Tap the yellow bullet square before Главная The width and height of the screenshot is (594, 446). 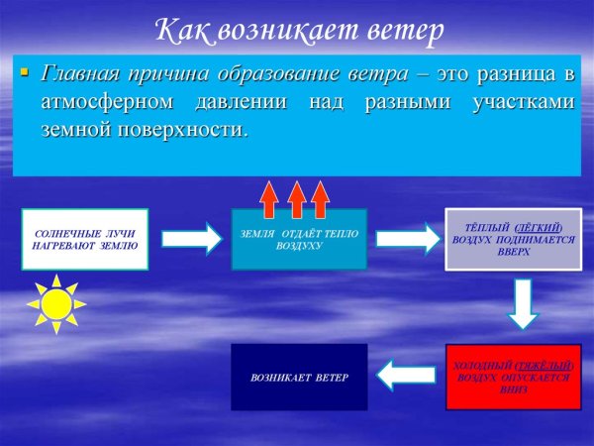coord(26,72)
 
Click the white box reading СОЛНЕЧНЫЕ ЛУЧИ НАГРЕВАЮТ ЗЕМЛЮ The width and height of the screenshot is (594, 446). coord(84,239)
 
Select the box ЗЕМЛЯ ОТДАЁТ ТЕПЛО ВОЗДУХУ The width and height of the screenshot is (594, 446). coord(299,239)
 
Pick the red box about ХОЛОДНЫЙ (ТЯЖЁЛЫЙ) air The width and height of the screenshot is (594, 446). coord(511,377)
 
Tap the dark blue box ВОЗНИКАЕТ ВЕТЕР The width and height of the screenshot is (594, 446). coord(299,378)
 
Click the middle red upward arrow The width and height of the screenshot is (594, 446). coord(295,198)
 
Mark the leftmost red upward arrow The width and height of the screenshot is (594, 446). coord(269,198)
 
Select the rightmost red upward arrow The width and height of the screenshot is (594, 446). coord(320,198)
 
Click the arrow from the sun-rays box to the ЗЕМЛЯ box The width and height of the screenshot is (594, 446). coord(191,238)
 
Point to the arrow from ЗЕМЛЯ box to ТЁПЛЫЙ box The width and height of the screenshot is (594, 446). coord(407,238)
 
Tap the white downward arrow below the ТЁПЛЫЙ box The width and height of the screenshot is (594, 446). coord(524,303)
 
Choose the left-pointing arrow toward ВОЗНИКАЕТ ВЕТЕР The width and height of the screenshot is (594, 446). coord(407,375)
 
